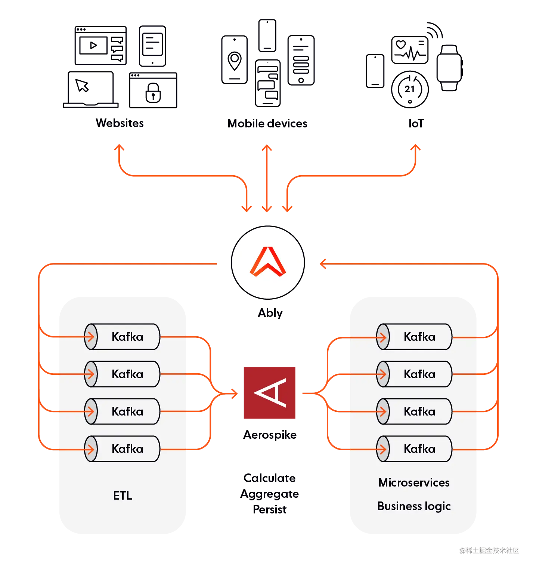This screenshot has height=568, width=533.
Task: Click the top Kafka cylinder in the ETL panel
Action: click(x=123, y=337)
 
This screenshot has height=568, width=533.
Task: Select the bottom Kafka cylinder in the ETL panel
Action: click(x=123, y=449)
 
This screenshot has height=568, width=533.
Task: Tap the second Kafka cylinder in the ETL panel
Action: click(x=123, y=374)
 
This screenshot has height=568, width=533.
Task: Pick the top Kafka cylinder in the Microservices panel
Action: click(x=415, y=337)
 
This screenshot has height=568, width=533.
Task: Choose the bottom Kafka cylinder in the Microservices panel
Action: click(x=415, y=449)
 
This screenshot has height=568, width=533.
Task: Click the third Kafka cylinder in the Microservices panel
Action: click(x=415, y=411)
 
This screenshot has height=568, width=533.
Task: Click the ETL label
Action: click(x=123, y=496)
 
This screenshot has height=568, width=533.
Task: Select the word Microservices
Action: click(x=414, y=482)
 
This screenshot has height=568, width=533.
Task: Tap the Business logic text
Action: click(x=414, y=506)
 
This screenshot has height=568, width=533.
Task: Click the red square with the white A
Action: click(x=269, y=393)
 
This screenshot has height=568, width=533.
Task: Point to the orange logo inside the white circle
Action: click(x=268, y=262)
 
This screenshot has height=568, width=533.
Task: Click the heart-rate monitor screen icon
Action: click(x=409, y=50)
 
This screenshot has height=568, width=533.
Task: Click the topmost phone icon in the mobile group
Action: click(x=267, y=35)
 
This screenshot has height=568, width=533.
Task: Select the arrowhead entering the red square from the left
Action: click(x=234, y=393)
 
